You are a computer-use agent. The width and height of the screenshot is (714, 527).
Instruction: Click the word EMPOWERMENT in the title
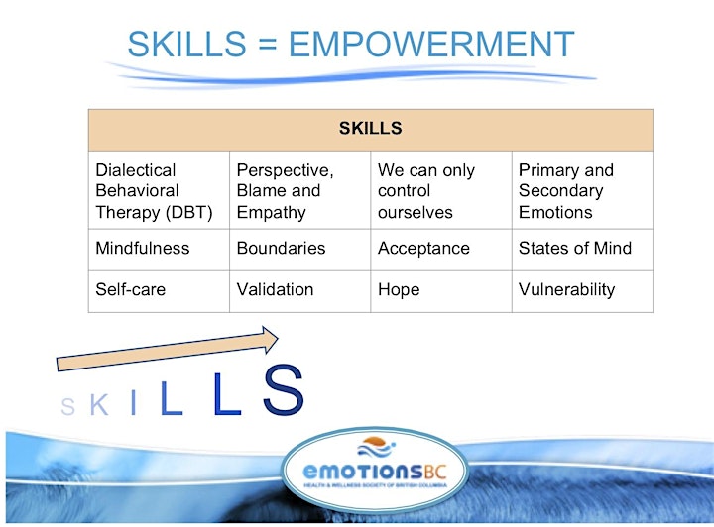tap(431, 44)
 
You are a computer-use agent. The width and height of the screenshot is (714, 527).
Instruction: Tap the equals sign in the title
tap(267, 45)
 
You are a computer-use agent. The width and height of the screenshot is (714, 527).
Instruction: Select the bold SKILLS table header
tap(370, 128)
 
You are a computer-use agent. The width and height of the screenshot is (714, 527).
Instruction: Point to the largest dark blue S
tap(284, 390)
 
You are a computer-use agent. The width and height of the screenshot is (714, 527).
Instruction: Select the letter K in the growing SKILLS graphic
tap(99, 405)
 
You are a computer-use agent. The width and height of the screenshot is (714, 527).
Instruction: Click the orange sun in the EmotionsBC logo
tap(375, 441)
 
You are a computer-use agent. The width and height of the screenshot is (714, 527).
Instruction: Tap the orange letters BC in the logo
tap(435, 472)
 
